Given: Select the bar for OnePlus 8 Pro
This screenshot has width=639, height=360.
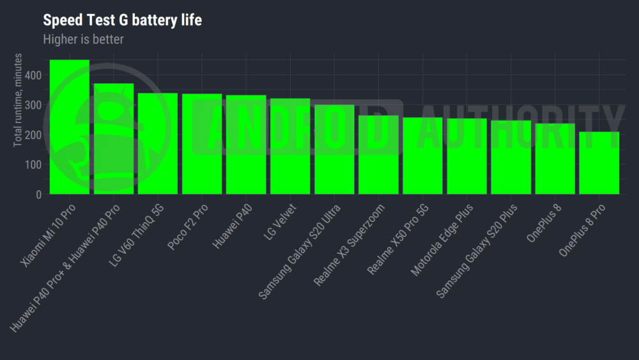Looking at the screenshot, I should [599, 163].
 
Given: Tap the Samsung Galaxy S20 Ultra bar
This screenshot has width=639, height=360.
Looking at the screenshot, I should [334, 150].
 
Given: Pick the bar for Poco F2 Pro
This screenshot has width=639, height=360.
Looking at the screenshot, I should [202, 144].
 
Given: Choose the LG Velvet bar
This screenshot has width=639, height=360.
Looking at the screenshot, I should [290, 146].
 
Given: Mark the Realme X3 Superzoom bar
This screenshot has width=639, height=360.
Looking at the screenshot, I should [378, 155].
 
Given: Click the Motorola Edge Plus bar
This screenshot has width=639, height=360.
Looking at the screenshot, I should [466, 156].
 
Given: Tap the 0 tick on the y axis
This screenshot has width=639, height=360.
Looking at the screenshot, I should [39, 194].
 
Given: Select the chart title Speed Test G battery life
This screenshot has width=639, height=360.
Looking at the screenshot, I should [122, 20].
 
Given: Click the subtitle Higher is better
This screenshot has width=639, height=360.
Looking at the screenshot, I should [83, 39].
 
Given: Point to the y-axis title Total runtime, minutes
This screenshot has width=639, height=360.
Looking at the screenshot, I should [19, 100].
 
